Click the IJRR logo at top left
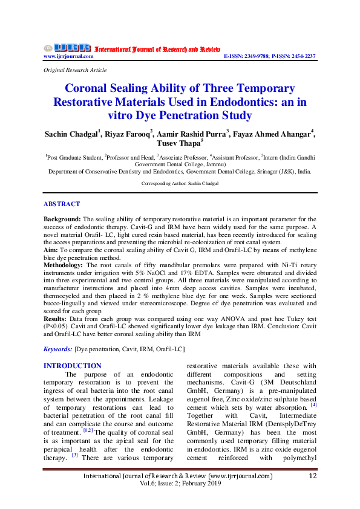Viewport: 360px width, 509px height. [67, 47]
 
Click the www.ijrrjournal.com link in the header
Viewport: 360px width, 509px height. [68, 56]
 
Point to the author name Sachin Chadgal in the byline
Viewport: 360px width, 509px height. [72, 134]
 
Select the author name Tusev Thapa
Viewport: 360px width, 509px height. [179, 144]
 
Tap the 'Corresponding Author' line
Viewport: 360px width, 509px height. [180, 183]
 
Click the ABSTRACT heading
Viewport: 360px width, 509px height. [62, 204]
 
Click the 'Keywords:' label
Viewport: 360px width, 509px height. [59, 349]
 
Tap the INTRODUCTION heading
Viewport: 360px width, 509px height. [73, 366]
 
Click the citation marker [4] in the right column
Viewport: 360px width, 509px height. [314, 405]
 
